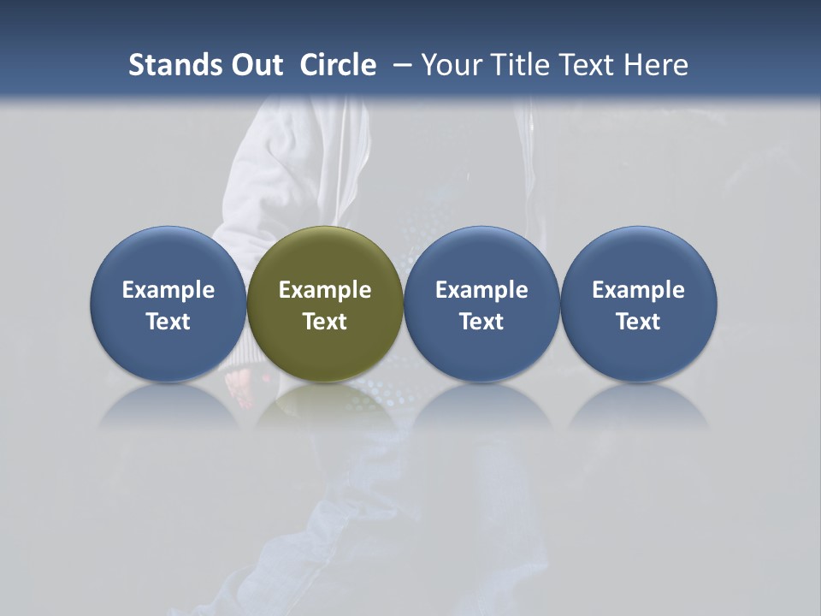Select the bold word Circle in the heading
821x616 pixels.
click(338, 65)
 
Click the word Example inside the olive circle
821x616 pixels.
click(325, 290)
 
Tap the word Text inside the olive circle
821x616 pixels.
click(325, 322)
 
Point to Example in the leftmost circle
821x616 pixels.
click(168, 290)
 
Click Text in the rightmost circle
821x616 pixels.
click(639, 322)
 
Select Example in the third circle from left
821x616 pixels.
click(481, 290)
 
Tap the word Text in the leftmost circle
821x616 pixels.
click(168, 322)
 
